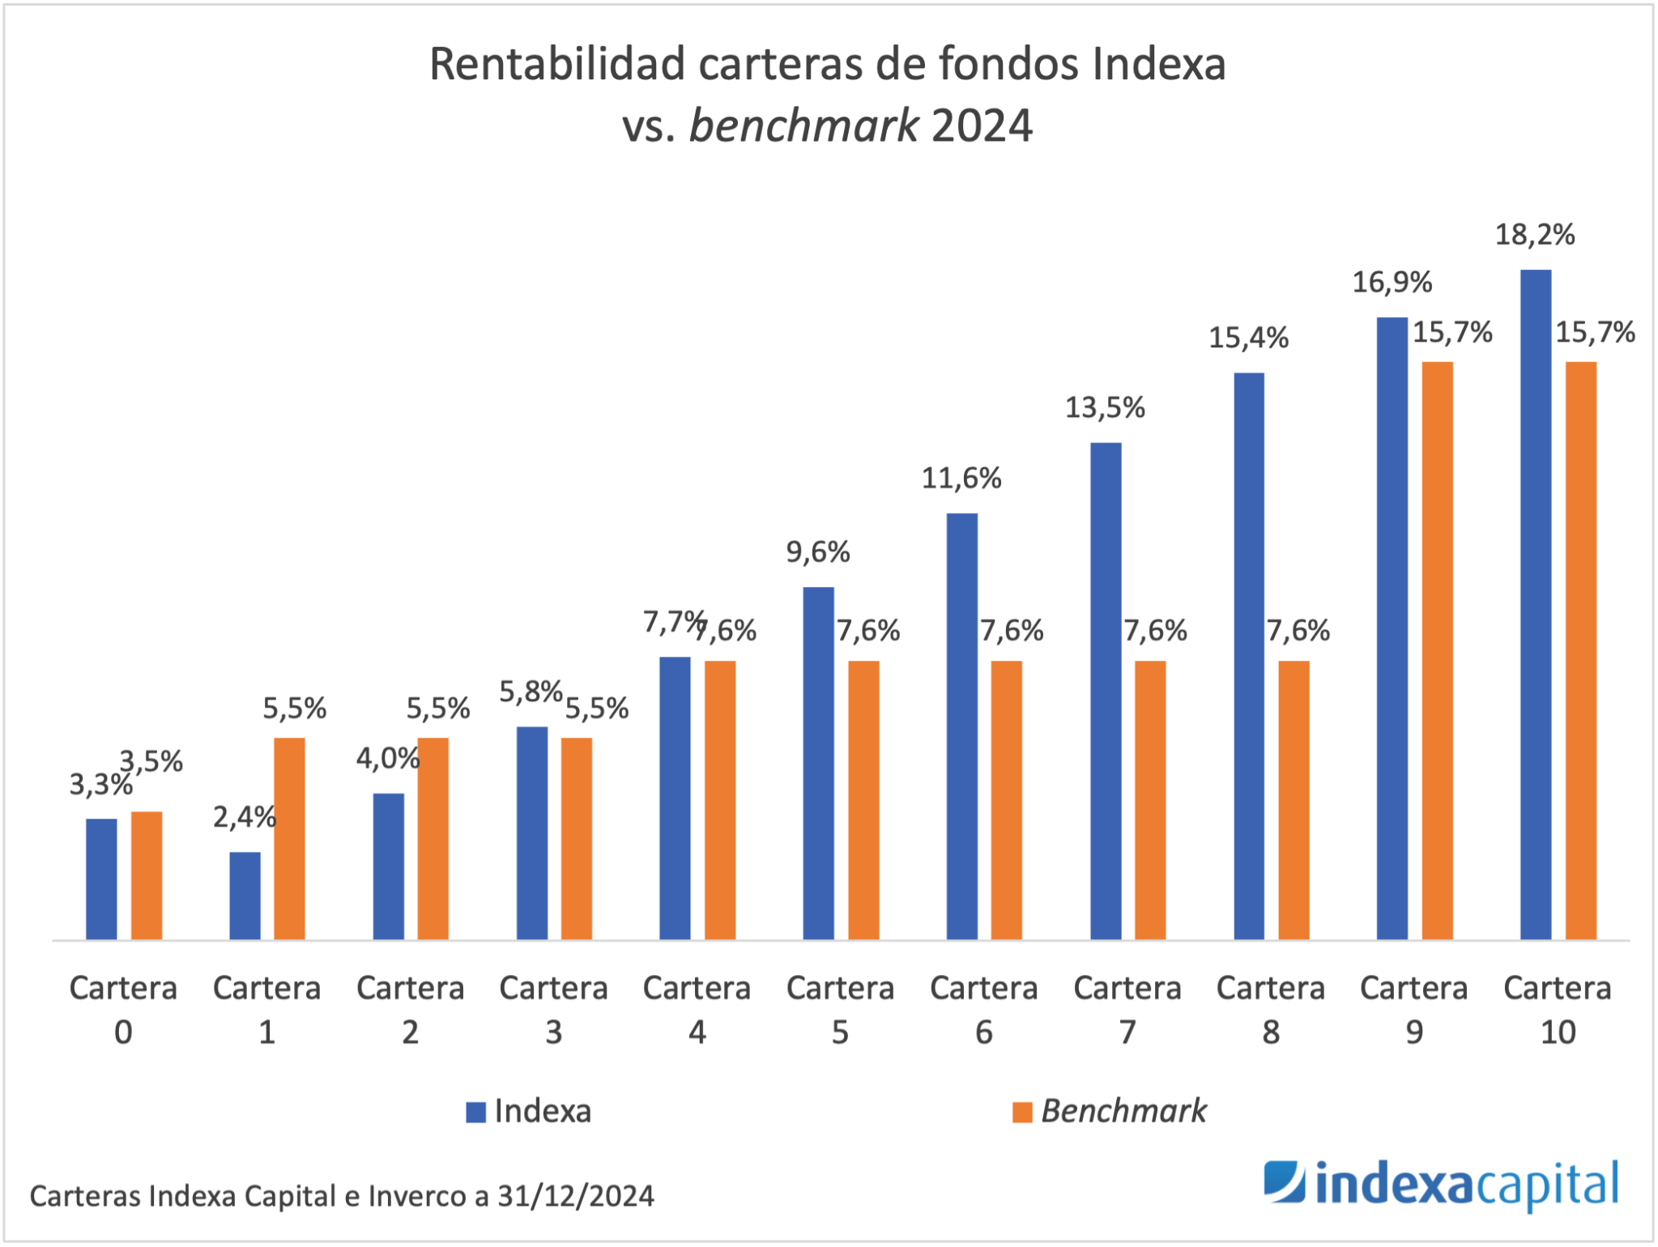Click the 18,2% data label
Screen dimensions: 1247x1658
click(1534, 235)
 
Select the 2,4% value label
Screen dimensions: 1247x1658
click(244, 817)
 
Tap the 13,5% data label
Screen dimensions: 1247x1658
click(1104, 407)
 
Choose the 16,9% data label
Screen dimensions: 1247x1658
click(1392, 282)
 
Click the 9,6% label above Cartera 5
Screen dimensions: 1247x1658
click(817, 552)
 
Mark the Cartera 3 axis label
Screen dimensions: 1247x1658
click(553, 1009)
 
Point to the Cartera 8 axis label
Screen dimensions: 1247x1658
click(1270, 1009)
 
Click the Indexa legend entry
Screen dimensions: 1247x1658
click(529, 1111)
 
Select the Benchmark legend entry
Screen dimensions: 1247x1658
click(1110, 1111)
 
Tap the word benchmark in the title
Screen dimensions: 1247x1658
click(803, 126)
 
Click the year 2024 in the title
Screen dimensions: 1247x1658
click(982, 126)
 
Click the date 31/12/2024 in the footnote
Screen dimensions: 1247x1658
click(575, 1196)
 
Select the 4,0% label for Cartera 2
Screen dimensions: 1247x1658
click(387, 759)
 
